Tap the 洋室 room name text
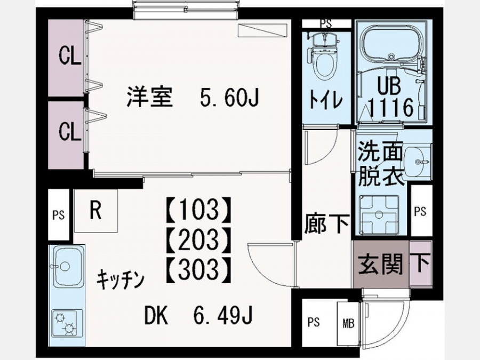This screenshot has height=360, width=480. [x=150, y=97]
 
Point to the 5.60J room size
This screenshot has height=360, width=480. [x=229, y=98]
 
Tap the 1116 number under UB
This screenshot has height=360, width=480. [x=391, y=107]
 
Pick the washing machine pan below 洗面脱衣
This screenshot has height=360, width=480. [x=379, y=215]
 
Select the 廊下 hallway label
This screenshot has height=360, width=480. [x=326, y=225]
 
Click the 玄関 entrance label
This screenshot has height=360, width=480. [x=380, y=264]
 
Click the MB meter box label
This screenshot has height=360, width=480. [x=348, y=323]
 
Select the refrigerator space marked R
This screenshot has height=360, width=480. [x=96, y=211]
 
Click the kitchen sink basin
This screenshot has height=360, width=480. [x=67, y=265]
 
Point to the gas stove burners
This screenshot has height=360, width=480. [x=67, y=324]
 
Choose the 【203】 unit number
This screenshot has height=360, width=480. [x=197, y=239]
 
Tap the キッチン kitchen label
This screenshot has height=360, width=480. [x=121, y=279]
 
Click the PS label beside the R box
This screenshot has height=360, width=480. [x=59, y=215]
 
